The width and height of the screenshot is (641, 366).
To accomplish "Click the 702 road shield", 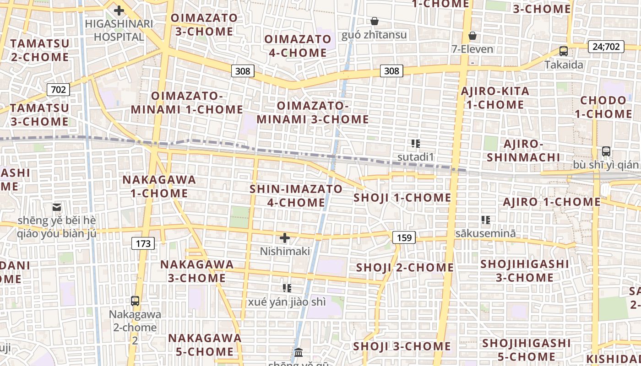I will [58, 90].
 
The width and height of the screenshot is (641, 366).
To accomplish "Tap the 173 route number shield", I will [143, 243].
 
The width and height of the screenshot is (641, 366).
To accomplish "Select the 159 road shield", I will [404, 237].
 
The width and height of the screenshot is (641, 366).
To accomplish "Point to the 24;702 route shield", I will [606, 46].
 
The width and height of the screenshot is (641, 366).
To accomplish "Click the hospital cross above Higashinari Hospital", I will [119, 11].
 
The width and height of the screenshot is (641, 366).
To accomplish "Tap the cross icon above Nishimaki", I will [285, 238].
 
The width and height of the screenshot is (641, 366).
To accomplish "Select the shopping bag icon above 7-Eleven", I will [473, 36].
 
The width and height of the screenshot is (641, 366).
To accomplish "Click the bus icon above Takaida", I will [564, 51].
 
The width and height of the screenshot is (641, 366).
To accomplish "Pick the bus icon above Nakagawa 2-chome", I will [135, 301].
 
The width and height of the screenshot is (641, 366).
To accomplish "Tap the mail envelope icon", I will [57, 207].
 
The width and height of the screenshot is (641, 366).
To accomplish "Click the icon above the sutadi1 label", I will [415, 144].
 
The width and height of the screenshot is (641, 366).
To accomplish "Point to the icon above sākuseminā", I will [485, 220].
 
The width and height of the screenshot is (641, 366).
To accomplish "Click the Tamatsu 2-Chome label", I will [40, 50].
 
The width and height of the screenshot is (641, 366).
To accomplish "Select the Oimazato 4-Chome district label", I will [298, 46].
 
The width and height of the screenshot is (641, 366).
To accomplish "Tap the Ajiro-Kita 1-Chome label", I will [495, 98].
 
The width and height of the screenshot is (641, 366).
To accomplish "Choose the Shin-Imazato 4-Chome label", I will [296, 196].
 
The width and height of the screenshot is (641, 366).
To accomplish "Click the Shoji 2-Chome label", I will [405, 268].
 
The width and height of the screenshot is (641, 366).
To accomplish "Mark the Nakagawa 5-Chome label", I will [204, 345].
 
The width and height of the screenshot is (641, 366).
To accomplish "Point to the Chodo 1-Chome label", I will [603, 107].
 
